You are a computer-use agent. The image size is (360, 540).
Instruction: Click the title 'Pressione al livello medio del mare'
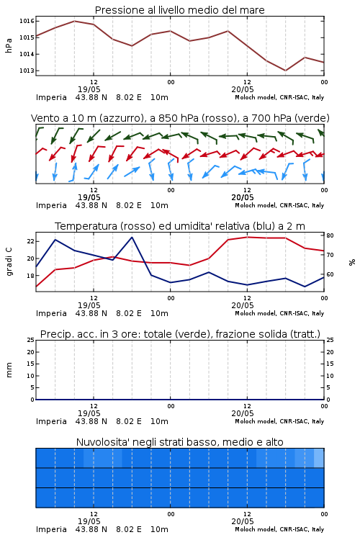pos(179,10)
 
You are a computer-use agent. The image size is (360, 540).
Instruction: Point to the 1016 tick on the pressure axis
pos(27,21)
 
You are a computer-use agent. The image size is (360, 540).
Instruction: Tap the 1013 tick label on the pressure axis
pos(27,71)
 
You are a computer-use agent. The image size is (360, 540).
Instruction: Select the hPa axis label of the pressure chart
pos(9,45)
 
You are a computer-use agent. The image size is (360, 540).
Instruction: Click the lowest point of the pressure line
pos(285,71)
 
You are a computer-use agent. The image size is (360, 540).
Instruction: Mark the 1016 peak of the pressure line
pos(74,21)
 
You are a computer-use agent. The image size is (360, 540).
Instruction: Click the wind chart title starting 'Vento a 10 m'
pos(180,118)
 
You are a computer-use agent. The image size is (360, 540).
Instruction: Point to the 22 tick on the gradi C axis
pos(31,241)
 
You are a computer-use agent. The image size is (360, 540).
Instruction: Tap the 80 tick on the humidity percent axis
pos(330,235)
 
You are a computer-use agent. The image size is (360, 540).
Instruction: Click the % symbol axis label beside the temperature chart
pos(352,262)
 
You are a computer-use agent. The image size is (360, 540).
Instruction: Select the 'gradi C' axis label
pos(9,262)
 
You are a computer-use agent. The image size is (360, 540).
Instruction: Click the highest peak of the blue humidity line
pos(132,237)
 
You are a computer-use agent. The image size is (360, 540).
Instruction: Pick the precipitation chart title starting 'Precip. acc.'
pos(180,334)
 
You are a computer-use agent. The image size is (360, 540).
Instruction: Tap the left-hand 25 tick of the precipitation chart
pos(31,340)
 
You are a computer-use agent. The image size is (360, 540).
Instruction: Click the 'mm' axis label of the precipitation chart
pos(9,370)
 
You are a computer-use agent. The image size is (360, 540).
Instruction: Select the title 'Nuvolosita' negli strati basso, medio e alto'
pos(179,442)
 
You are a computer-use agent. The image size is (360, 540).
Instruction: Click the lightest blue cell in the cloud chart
pos(319,458)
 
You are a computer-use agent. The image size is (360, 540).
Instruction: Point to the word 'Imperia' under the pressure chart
pos(51,97)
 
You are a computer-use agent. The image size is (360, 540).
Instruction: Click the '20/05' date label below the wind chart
pos(243,197)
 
